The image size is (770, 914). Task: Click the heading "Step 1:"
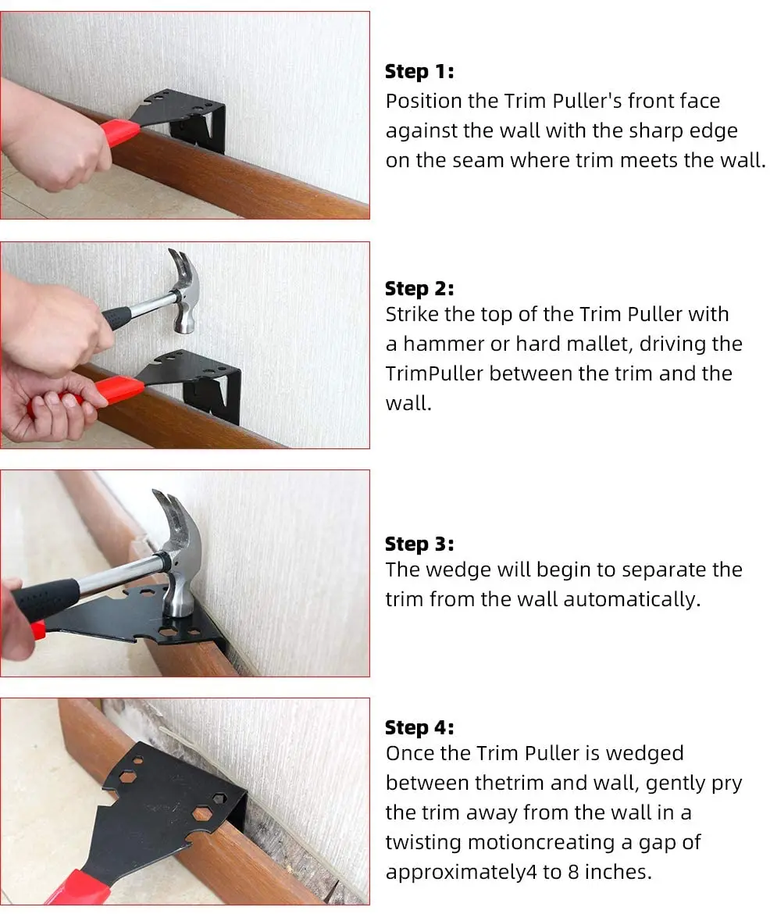(x=419, y=72)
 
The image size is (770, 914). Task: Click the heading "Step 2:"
(x=419, y=288)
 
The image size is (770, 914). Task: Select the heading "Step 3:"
(x=419, y=544)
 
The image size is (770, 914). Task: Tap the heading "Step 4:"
(x=419, y=727)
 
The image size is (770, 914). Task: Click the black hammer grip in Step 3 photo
(x=45, y=598)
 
